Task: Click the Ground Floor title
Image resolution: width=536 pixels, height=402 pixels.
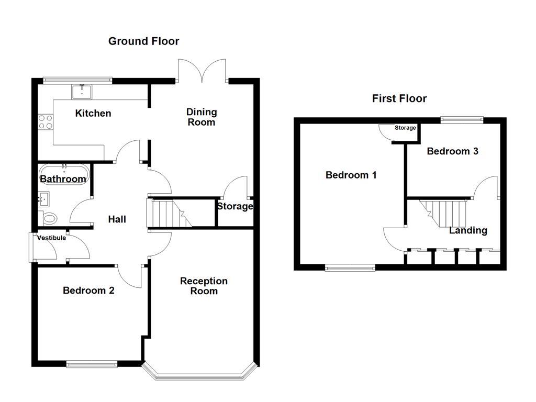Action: tap(143, 41)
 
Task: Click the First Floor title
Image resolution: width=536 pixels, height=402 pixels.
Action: tap(399, 98)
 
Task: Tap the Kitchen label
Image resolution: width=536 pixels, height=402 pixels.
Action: tap(93, 113)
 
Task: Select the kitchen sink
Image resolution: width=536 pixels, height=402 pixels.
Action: tap(82, 93)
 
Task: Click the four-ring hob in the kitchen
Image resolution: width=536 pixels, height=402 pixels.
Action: tap(46, 122)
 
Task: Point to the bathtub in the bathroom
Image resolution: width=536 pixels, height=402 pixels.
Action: tap(63, 174)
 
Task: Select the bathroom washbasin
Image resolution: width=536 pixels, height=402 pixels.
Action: tap(43, 199)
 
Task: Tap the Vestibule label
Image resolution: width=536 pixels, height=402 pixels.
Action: tap(51, 238)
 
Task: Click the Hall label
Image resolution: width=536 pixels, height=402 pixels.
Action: tap(117, 219)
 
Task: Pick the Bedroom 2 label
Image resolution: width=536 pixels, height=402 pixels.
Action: tap(88, 291)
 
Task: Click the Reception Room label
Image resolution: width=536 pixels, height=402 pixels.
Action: tap(204, 286)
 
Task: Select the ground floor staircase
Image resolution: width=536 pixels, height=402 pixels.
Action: tap(169, 213)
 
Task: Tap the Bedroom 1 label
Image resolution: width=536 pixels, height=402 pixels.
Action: tap(351, 175)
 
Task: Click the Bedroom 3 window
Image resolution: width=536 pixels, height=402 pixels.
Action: tap(461, 120)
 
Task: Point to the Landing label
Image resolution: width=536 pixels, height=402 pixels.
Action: tap(468, 230)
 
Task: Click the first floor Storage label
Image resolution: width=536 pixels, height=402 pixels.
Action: tap(405, 128)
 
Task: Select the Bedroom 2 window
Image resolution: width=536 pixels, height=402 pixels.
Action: tap(92, 363)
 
